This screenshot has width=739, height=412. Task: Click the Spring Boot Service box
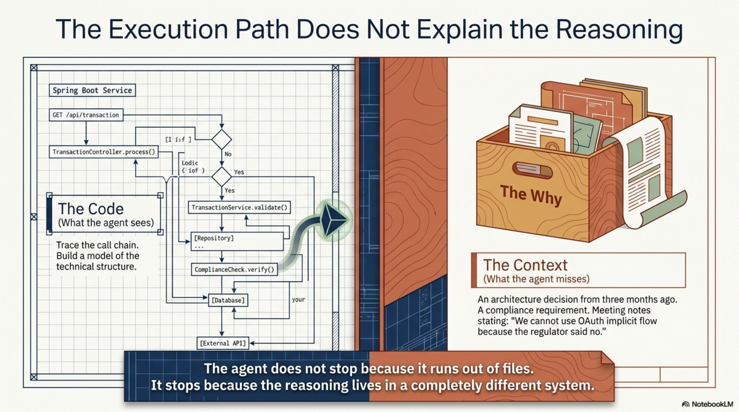tap(92, 90)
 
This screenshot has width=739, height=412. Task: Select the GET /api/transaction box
tap(86, 115)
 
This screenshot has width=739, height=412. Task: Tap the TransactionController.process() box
tap(104, 152)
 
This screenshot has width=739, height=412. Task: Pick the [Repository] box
tap(237, 242)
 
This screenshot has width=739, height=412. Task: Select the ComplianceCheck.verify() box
tap(234, 270)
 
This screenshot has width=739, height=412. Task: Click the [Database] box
tap(228, 300)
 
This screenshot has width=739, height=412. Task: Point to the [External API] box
tap(223, 343)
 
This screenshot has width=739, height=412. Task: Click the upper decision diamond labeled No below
tap(221, 140)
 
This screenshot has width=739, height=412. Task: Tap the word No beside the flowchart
tap(228, 154)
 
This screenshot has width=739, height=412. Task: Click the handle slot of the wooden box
tap(532, 170)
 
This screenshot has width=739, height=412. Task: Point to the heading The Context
tap(525, 265)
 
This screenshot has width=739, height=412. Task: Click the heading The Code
tap(91, 209)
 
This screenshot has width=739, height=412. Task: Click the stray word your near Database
tap(298, 300)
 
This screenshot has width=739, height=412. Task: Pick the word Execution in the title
tap(168, 30)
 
